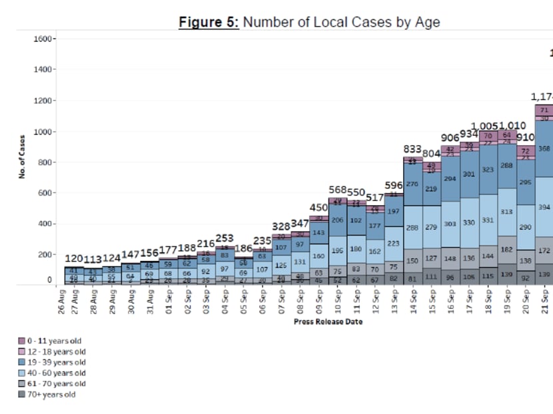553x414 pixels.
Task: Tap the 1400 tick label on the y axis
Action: pyautogui.click(x=44, y=70)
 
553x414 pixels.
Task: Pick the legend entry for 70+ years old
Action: pyautogui.click(x=51, y=395)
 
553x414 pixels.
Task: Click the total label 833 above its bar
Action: pyautogui.click(x=413, y=148)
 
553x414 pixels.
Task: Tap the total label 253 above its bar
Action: pyautogui.click(x=225, y=238)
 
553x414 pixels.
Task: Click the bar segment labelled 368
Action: pyautogui.click(x=544, y=149)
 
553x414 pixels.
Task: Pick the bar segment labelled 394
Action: pyautogui.click(x=544, y=207)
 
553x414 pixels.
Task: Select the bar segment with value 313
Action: pyautogui.click(x=506, y=212)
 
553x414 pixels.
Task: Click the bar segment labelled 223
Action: pyautogui.click(x=394, y=244)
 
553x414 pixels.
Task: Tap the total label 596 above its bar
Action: pyautogui.click(x=394, y=185)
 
